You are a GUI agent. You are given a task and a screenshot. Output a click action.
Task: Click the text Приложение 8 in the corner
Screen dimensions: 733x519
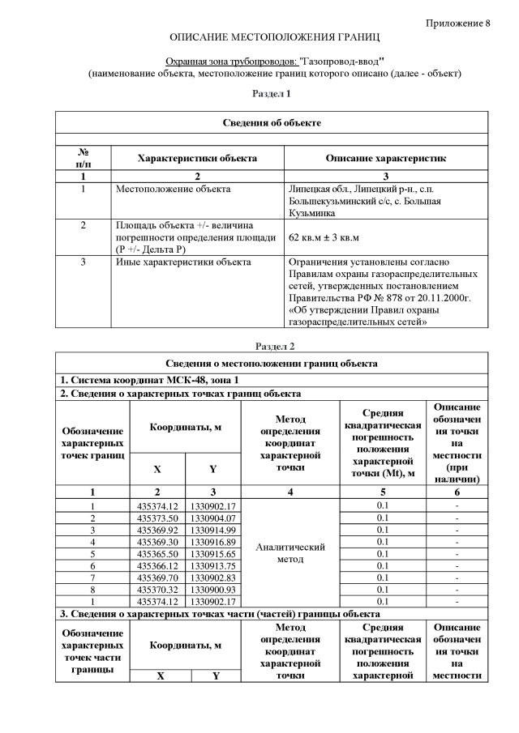click(x=457, y=22)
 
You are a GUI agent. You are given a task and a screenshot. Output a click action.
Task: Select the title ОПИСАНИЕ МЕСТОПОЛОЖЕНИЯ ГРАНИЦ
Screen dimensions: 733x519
click(x=274, y=38)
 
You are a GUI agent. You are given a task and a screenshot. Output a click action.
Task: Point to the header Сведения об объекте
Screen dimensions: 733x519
click(x=272, y=122)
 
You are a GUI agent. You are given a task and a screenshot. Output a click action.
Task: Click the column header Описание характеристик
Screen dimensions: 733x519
click(x=385, y=158)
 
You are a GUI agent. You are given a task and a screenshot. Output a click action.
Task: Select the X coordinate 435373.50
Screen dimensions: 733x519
click(x=157, y=518)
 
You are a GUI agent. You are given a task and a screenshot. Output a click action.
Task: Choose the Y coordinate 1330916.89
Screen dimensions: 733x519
click(x=212, y=541)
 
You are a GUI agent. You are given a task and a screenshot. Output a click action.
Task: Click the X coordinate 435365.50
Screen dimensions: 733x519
click(x=157, y=553)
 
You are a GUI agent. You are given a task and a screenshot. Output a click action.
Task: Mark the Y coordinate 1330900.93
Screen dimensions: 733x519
click(x=212, y=589)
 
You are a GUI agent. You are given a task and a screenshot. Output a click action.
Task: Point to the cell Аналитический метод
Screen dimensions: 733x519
click(x=290, y=552)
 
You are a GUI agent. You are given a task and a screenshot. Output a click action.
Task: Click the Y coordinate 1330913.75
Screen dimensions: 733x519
click(x=212, y=565)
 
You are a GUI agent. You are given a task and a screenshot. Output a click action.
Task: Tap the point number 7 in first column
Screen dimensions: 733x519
click(x=92, y=577)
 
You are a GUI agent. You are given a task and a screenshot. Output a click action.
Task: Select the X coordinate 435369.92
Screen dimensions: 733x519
click(x=157, y=530)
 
